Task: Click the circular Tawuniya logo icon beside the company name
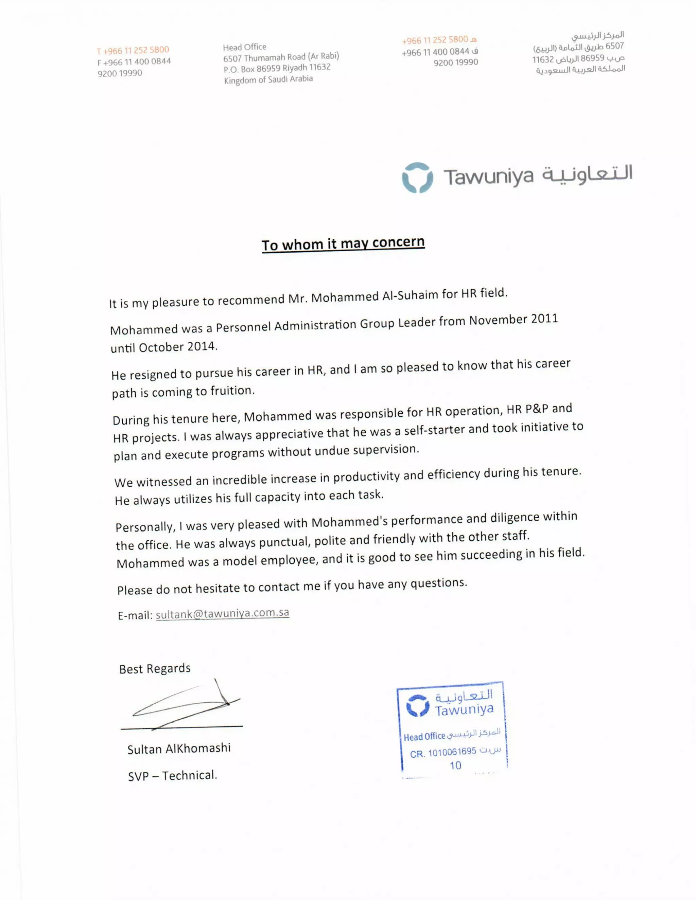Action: coord(417,178)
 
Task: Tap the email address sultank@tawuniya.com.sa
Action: coord(222,614)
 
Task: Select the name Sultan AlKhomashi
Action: coord(179,748)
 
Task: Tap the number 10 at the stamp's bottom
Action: coord(455,766)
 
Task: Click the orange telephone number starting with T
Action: coord(133,50)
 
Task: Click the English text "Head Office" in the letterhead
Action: coord(244,47)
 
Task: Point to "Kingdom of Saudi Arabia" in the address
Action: coord(268,79)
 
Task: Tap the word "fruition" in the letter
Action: coord(232,390)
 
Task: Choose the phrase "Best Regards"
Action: coord(155,668)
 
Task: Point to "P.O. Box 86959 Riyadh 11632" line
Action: coord(277,68)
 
